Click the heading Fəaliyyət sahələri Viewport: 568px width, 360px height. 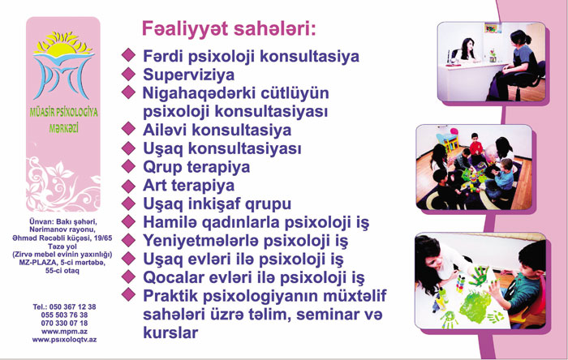(229, 29)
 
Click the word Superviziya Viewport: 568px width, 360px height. (188, 75)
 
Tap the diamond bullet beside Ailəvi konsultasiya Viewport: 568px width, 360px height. (128, 128)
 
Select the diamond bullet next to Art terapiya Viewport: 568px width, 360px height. (128, 186)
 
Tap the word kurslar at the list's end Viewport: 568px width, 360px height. (170, 332)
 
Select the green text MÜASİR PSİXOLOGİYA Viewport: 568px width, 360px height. (64, 113)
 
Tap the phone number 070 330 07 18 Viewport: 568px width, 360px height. (64, 323)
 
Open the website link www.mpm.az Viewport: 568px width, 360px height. (64, 332)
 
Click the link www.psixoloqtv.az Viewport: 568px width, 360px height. (64, 340)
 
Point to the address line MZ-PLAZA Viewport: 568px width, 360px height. (38, 263)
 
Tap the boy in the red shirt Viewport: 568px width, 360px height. (475, 144)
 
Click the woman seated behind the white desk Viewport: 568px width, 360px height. (467, 50)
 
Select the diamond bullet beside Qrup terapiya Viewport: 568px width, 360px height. (128, 166)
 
